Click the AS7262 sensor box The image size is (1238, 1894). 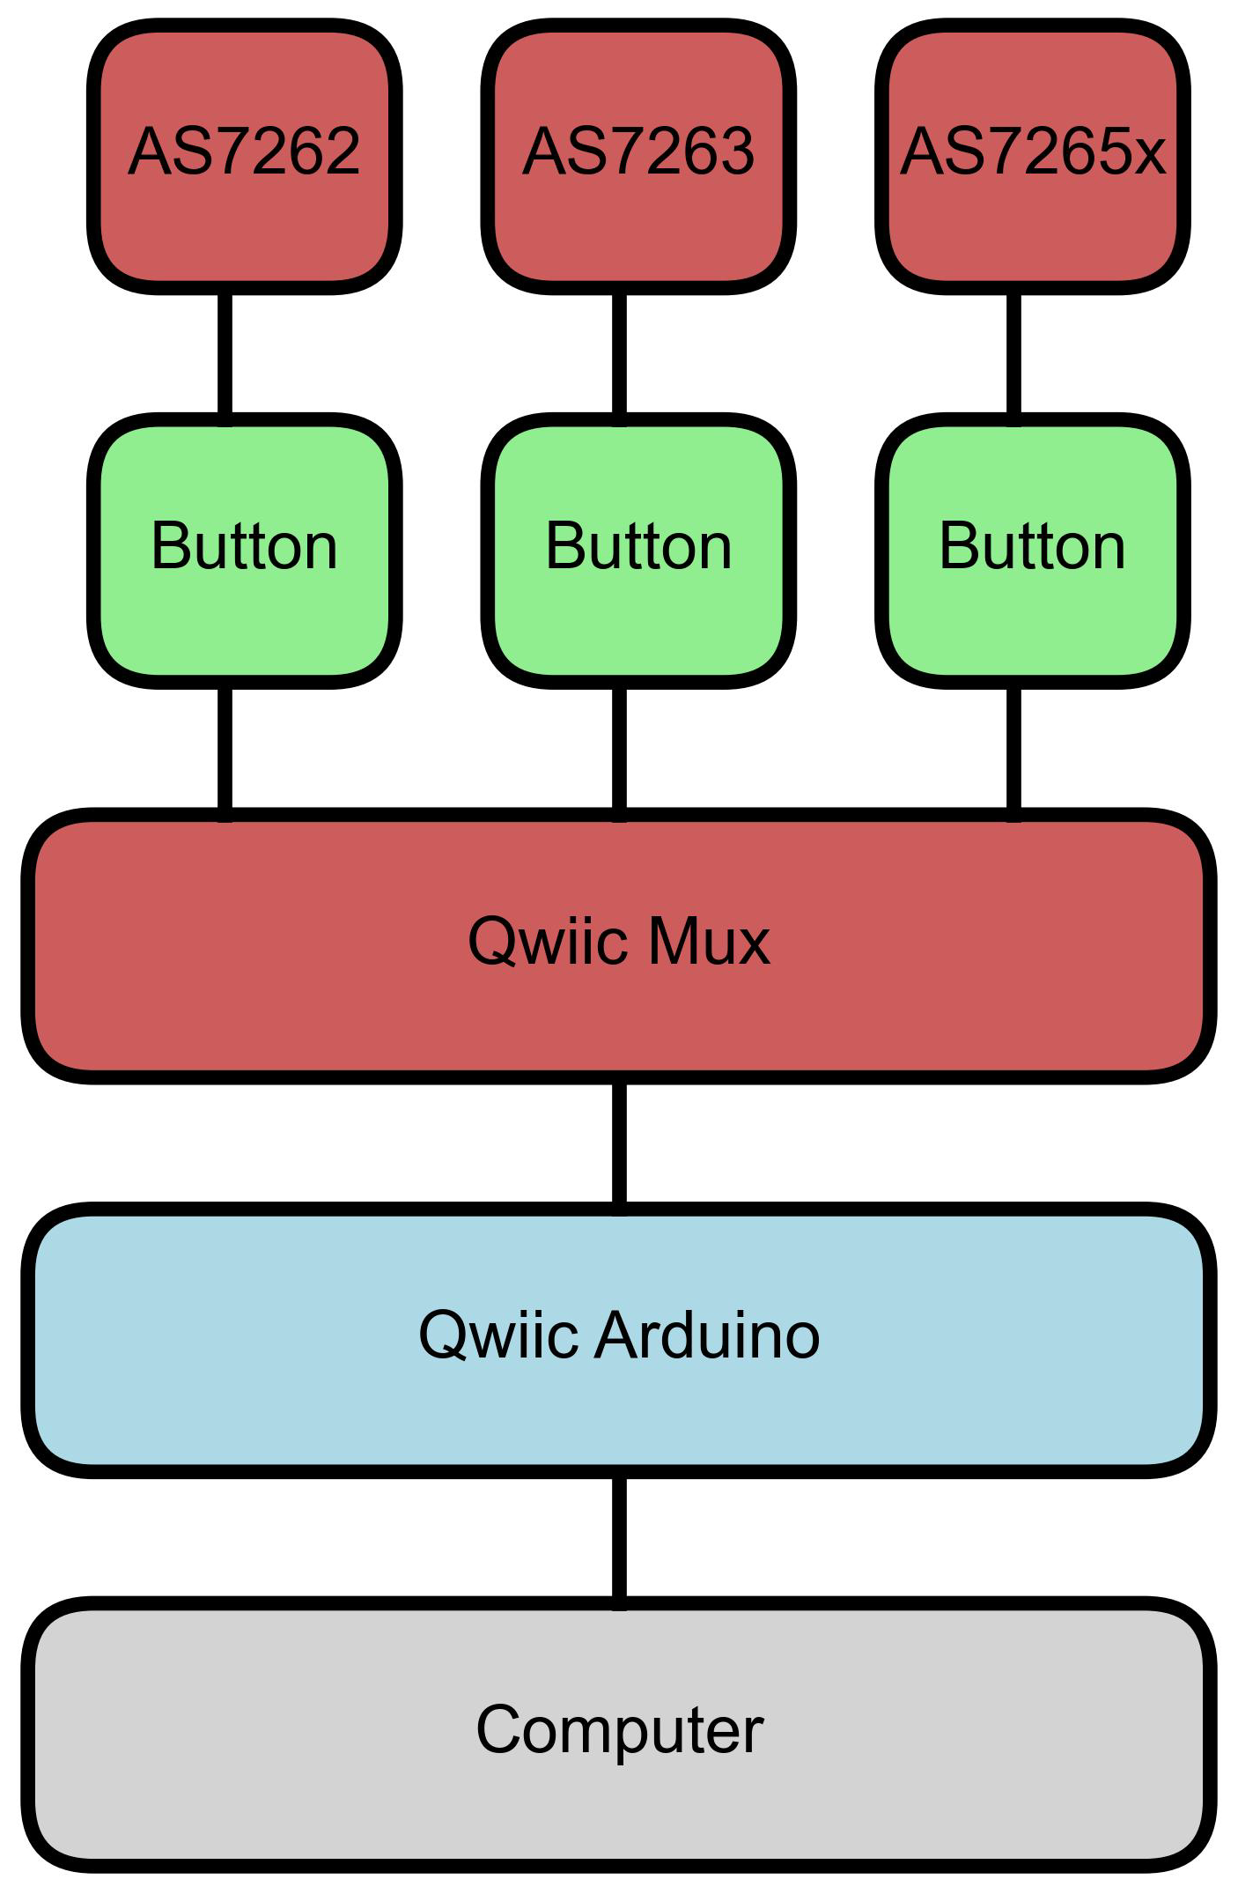(x=245, y=157)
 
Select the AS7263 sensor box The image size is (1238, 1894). (x=638, y=157)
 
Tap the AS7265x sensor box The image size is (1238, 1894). (x=1032, y=157)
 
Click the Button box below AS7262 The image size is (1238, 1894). (x=245, y=551)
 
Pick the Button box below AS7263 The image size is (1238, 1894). (x=638, y=551)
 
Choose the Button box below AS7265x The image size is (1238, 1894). (x=1032, y=551)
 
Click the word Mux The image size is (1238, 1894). (x=709, y=943)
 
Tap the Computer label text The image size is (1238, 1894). (x=619, y=1730)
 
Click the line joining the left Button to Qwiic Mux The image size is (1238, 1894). (x=225, y=749)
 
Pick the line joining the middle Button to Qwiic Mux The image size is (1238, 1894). (x=620, y=749)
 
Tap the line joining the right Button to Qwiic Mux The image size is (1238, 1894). (x=1013, y=749)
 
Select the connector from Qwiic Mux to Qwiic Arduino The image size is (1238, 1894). (x=620, y=1143)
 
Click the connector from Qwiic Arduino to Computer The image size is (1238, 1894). (x=620, y=1536)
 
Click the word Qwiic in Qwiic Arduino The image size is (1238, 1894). (x=497, y=1336)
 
